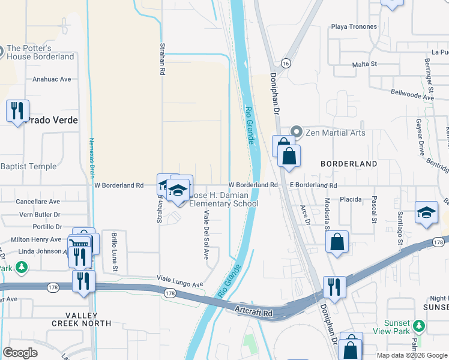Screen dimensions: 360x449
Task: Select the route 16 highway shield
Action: point(285,63)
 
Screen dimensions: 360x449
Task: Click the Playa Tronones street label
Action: point(355,27)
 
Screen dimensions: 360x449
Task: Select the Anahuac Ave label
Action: point(52,79)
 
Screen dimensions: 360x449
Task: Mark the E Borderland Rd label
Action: point(313,186)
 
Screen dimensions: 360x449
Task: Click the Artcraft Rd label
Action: point(255,313)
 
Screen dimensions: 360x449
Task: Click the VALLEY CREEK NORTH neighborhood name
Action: point(89,319)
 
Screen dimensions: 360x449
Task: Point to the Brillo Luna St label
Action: point(113,251)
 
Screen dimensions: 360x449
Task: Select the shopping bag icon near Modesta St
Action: point(337,242)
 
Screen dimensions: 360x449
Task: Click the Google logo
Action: point(20,353)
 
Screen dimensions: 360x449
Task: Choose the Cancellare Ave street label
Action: point(38,202)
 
